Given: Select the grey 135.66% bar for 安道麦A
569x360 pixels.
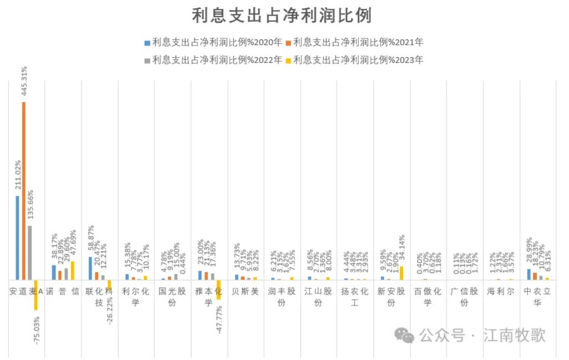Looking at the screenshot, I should (30, 252).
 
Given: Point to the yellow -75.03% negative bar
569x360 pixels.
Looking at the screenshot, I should (36, 294).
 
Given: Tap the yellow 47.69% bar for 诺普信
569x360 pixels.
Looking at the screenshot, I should (73, 270).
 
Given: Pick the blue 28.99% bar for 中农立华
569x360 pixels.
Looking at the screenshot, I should (529, 274).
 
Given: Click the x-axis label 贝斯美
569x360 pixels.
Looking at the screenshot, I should (245, 291).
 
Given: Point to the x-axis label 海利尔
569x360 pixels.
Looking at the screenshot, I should (501, 291).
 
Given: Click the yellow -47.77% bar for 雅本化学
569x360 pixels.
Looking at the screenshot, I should (219, 289).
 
